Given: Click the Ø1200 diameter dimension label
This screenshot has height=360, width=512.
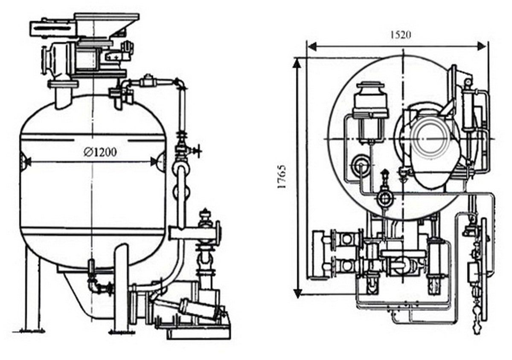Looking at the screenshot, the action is coord(100,152).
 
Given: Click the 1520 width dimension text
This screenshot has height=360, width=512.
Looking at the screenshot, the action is coord(401,35).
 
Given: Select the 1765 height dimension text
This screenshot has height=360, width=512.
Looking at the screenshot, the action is coord(282,177).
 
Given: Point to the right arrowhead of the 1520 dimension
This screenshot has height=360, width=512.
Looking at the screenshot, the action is coord(482,47).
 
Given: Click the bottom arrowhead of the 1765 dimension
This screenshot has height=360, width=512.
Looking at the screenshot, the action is coord(297,293).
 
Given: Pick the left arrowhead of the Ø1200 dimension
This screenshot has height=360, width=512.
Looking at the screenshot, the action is coord(27,162).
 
